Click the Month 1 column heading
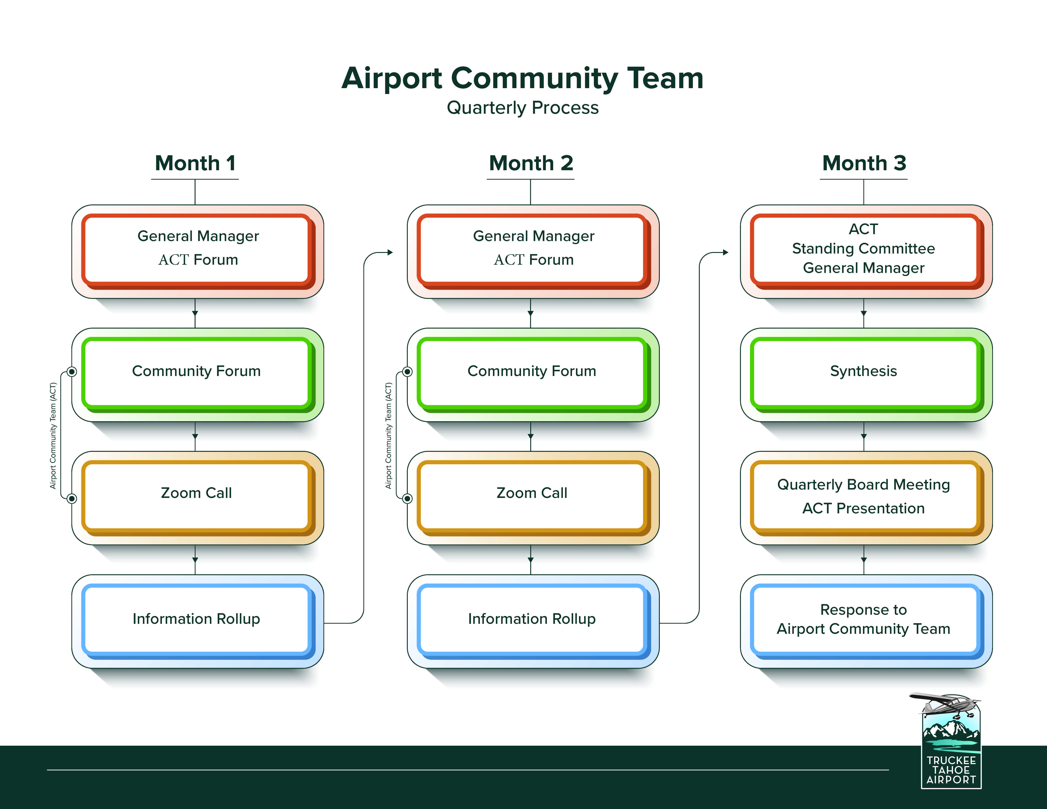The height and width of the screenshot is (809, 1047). (195, 163)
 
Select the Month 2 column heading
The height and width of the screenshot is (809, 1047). (531, 163)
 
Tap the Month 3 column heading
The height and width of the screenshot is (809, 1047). (864, 163)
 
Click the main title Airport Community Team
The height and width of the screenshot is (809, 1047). (522, 78)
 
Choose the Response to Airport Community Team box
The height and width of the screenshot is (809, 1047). (866, 621)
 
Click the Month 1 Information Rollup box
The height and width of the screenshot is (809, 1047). (198, 621)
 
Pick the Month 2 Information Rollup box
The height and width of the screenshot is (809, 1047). (533, 621)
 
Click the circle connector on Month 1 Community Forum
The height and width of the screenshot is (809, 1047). (72, 371)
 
